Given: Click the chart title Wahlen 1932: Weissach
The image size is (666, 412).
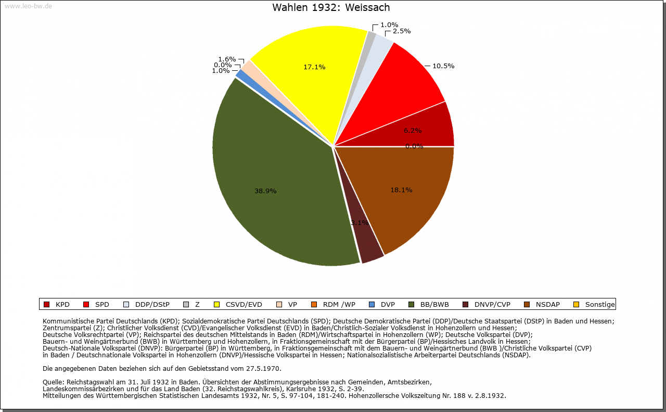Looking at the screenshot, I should (x=331, y=8).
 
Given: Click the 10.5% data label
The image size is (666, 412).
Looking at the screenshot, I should (x=443, y=66).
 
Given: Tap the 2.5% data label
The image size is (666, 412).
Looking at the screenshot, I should (x=401, y=31).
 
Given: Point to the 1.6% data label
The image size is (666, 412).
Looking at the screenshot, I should (x=227, y=59).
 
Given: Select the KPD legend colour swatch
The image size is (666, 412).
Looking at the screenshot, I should (x=46, y=304).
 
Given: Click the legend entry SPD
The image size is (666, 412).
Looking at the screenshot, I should (x=102, y=304).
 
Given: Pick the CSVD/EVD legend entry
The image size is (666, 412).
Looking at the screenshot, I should (x=244, y=304).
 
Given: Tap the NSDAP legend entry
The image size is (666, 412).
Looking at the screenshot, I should (x=547, y=304).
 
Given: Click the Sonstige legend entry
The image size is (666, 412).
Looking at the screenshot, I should (x=599, y=304).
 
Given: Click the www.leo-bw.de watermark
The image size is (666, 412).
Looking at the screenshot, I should (x=28, y=6).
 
